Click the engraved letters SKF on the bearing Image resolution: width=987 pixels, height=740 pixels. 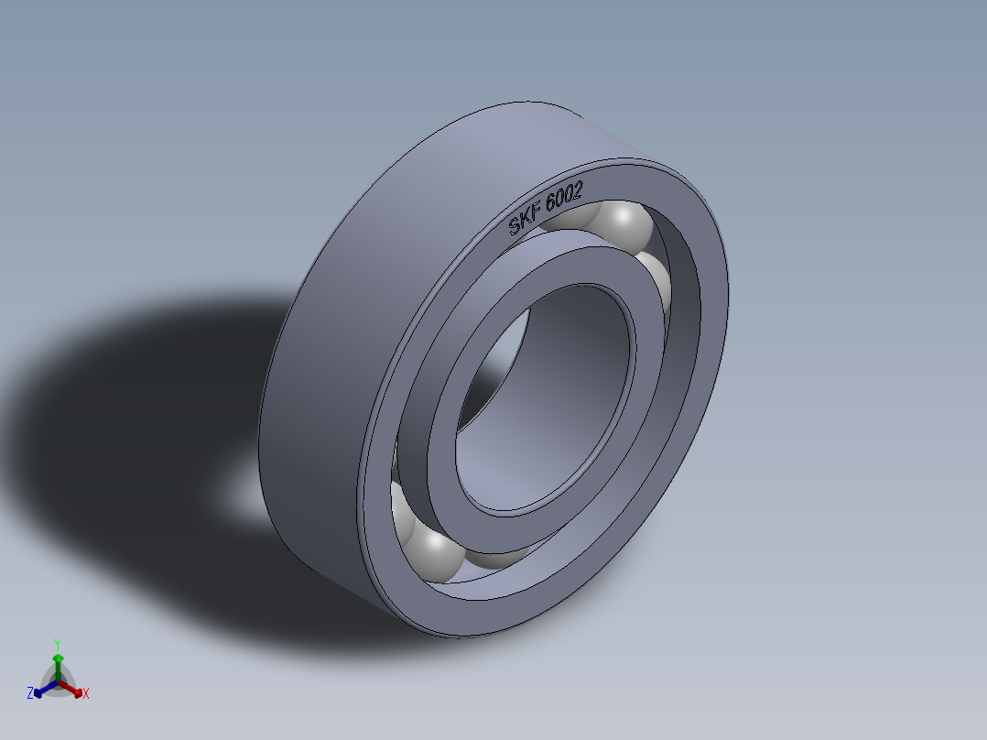pos(525,222)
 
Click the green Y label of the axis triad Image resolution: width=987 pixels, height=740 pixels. pos(57,644)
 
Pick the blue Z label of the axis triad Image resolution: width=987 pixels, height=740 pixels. pos(30,694)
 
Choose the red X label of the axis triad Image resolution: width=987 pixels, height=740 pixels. pos(85,694)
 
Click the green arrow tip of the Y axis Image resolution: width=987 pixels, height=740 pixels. pos(58,658)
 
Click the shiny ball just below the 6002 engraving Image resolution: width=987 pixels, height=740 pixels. pos(624,223)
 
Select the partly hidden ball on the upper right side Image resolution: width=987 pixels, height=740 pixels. pos(656,279)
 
